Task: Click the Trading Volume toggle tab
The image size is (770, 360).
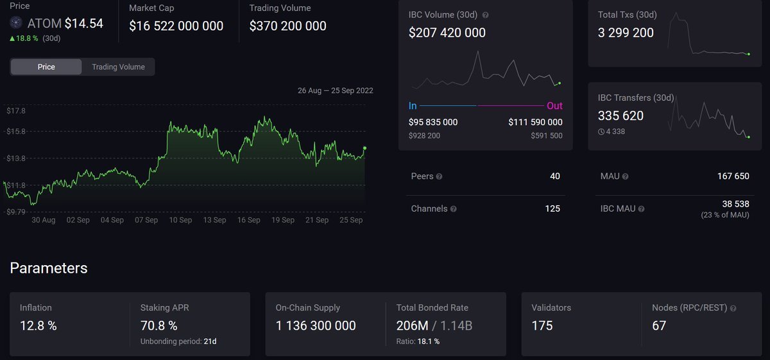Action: tap(118, 67)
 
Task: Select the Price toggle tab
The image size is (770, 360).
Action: tap(46, 67)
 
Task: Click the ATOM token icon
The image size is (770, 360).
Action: tap(17, 23)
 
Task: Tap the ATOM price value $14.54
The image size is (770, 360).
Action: tap(83, 24)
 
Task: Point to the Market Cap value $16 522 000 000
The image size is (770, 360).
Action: tap(176, 26)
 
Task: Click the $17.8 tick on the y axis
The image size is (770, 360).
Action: tap(16, 111)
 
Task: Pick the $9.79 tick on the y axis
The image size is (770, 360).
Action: tap(16, 212)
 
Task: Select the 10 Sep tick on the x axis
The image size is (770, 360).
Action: tap(180, 220)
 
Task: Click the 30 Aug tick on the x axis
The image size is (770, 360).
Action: tap(44, 220)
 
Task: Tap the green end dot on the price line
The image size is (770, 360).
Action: tap(365, 148)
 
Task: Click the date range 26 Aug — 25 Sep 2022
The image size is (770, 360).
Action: tap(335, 90)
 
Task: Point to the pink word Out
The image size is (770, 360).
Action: tap(554, 106)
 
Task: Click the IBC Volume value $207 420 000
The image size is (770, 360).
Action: tap(447, 33)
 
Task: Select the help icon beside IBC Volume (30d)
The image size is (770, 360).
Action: tap(486, 15)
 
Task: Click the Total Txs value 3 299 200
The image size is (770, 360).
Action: tap(626, 33)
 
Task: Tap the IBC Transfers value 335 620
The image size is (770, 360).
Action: tap(620, 116)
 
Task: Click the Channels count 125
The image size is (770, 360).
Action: tap(552, 209)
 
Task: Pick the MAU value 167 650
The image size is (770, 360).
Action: tap(733, 176)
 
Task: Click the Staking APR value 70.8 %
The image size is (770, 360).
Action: tap(159, 326)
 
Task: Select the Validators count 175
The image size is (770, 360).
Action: tap(542, 326)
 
